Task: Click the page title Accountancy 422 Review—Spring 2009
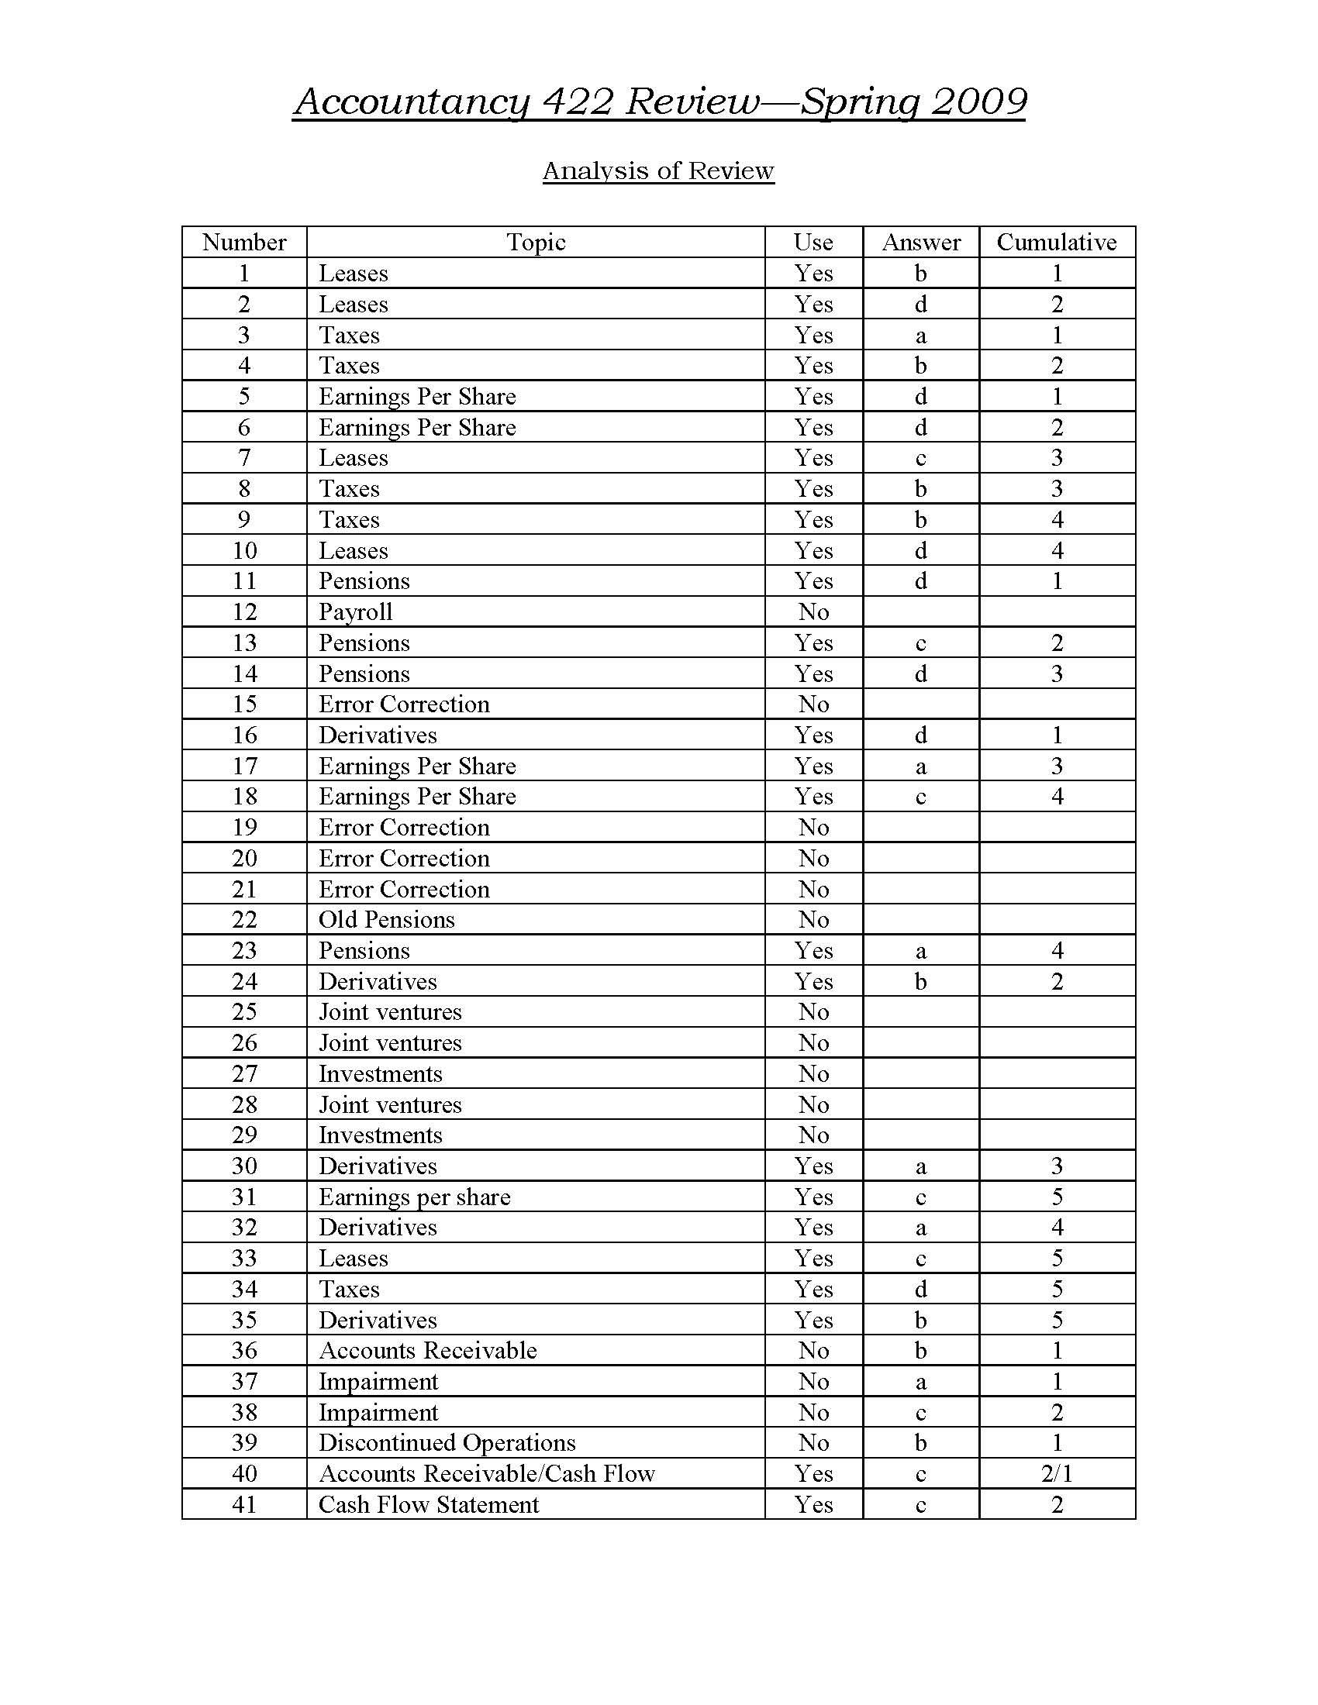pyautogui.click(x=658, y=102)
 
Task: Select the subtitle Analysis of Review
pyautogui.click(x=658, y=170)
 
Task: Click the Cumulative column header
pyautogui.click(x=1057, y=242)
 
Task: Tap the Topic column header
pyautogui.click(x=536, y=242)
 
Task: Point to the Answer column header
pyautogui.click(x=921, y=242)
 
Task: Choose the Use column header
pyautogui.click(x=813, y=242)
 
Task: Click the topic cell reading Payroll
pyautogui.click(x=355, y=612)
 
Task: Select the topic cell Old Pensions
pyautogui.click(x=387, y=920)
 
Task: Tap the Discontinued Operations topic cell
pyautogui.click(x=447, y=1443)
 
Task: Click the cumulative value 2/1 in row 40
pyautogui.click(x=1057, y=1474)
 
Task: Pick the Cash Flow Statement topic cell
pyautogui.click(x=429, y=1504)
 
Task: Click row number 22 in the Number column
pyautogui.click(x=244, y=920)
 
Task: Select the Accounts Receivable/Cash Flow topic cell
pyautogui.click(x=486, y=1474)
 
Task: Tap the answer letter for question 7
pyautogui.click(x=921, y=458)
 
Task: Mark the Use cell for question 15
pyautogui.click(x=813, y=704)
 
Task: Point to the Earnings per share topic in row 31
pyautogui.click(x=414, y=1197)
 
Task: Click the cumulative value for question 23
pyautogui.click(x=1057, y=951)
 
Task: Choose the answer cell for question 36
pyautogui.click(x=921, y=1351)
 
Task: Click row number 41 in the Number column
pyautogui.click(x=244, y=1504)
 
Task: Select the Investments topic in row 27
pyautogui.click(x=380, y=1074)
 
